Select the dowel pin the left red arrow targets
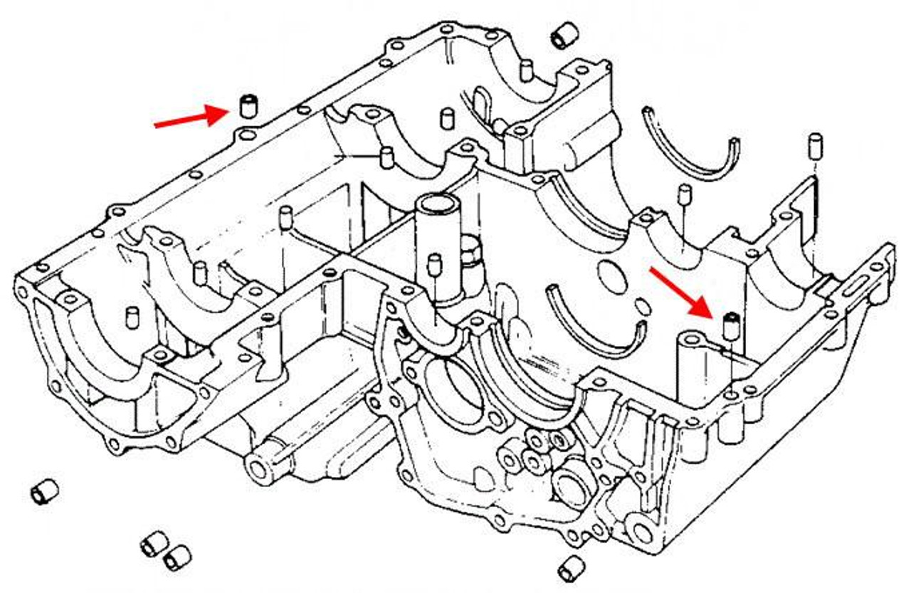[x=248, y=105]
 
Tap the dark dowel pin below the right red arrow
[x=728, y=325]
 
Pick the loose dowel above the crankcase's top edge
[x=565, y=35]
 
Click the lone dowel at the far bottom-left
[x=44, y=491]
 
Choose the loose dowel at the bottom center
[x=570, y=567]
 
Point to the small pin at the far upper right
[x=816, y=146]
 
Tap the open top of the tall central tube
[x=436, y=205]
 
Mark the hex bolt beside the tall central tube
[x=473, y=251]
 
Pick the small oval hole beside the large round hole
[x=641, y=306]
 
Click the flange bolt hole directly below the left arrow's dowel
[x=246, y=135]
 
